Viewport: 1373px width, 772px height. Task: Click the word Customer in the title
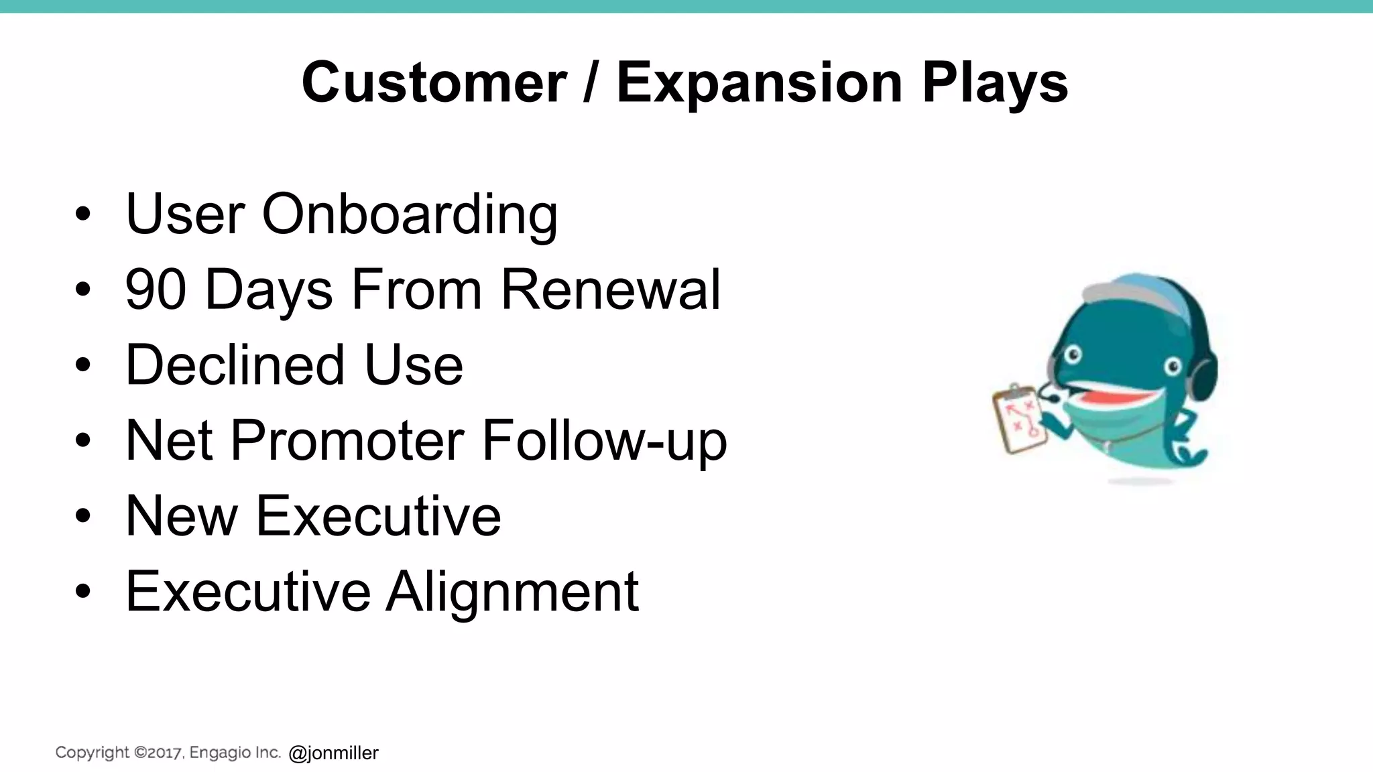[x=434, y=82]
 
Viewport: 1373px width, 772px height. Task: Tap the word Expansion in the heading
[x=759, y=82]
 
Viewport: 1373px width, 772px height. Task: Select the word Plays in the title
[x=995, y=82]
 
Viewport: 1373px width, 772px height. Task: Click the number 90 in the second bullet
[x=156, y=289]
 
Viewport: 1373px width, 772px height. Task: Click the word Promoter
[x=347, y=441]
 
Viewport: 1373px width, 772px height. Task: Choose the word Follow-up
[x=603, y=441]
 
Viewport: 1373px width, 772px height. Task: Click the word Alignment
[x=512, y=592]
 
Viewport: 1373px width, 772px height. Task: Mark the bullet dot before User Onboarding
[x=82, y=214]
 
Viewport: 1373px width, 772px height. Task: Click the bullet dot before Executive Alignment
[x=82, y=592]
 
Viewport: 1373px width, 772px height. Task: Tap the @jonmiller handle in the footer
[x=333, y=753]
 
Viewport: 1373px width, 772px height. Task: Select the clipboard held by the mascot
[x=1018, y=419]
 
